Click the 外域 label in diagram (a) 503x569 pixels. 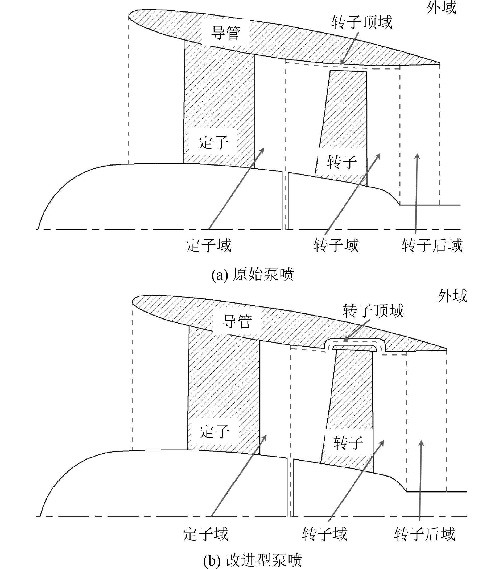[441, 8]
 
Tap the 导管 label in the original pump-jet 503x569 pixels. [225, 33]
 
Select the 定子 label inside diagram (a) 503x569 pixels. [213, 142]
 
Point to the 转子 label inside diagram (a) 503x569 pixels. [341, 162]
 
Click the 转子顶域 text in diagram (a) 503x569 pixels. [361, 22]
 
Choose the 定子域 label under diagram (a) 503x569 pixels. [209, 245]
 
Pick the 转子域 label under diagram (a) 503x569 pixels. [336, 245]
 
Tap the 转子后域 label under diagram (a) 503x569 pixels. [432, 245]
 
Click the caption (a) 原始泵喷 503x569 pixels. [253, 275]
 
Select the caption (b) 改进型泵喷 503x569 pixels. [253, 560]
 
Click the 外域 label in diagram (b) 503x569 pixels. [452, 296]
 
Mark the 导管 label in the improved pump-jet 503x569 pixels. [237, 321]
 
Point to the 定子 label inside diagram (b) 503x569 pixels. [215, 432]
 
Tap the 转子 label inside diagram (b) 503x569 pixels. [348, 443]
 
